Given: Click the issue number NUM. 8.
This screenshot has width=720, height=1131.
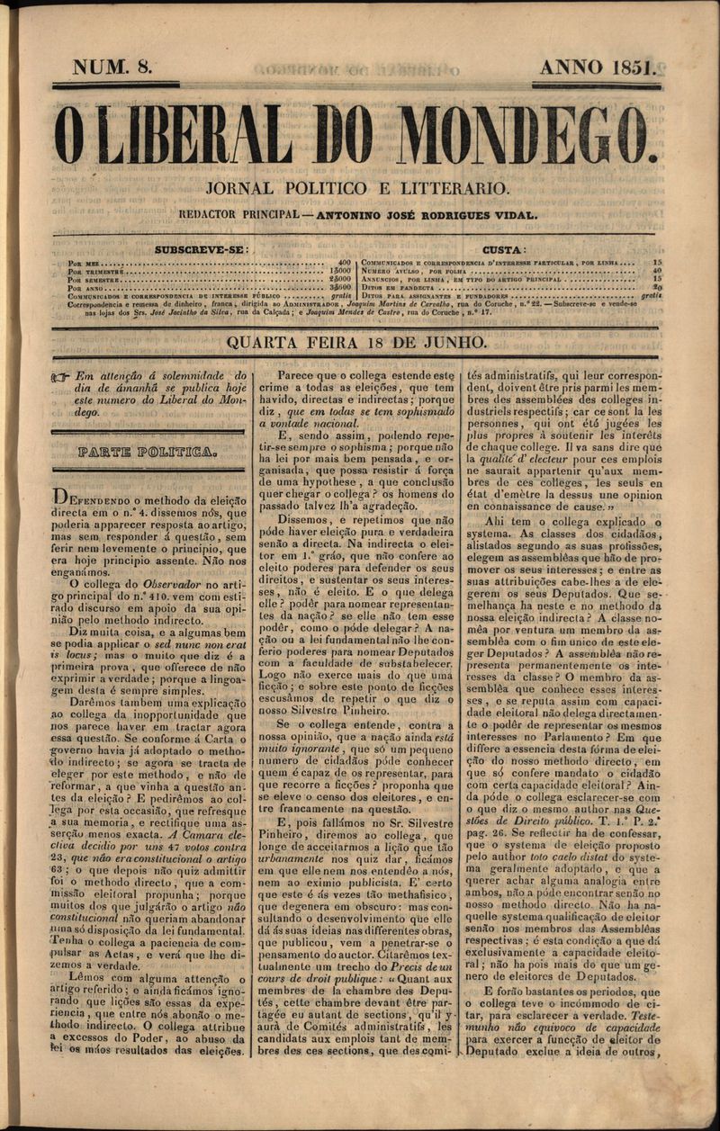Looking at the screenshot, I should [x=112, y=67].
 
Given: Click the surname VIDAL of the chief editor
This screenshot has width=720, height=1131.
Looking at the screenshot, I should [x=517, y=215].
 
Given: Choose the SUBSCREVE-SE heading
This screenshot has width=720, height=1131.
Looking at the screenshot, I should [x=202, y=249].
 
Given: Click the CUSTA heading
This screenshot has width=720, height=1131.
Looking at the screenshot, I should [x=505, y=249].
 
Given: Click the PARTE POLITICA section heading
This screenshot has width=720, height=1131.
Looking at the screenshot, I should [x=147, y=452].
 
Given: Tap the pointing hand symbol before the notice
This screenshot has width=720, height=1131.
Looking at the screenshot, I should [x=61, y=378].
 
